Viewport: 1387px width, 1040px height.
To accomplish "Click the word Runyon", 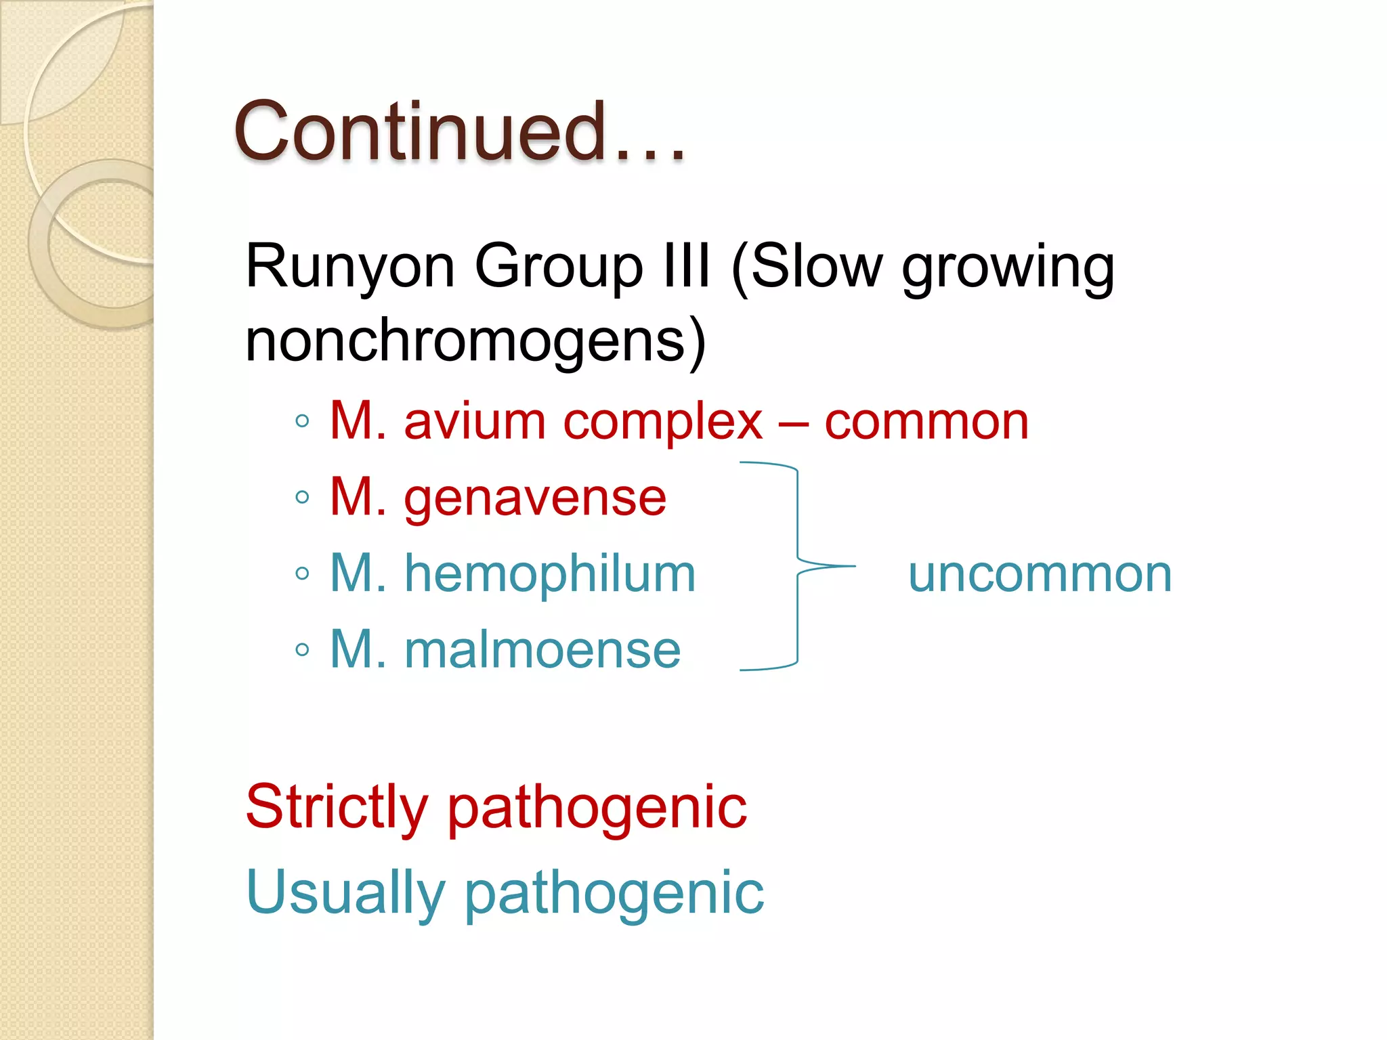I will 349,267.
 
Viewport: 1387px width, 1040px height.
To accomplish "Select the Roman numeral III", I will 687,265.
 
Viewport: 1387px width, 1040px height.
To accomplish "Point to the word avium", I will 474,422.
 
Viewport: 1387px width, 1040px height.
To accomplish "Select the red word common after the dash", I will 926,422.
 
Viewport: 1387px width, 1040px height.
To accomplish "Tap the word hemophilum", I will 550,574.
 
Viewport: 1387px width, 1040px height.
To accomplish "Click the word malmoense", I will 542,650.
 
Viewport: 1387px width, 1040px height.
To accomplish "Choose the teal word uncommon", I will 1040,575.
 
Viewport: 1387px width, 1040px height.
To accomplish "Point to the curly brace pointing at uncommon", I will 798,566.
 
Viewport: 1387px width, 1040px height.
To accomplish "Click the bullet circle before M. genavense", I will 302,498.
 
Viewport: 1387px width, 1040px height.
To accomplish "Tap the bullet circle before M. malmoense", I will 302,651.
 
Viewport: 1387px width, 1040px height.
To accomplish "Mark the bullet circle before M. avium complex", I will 302,422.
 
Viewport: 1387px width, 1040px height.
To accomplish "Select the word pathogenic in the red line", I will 597,809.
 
